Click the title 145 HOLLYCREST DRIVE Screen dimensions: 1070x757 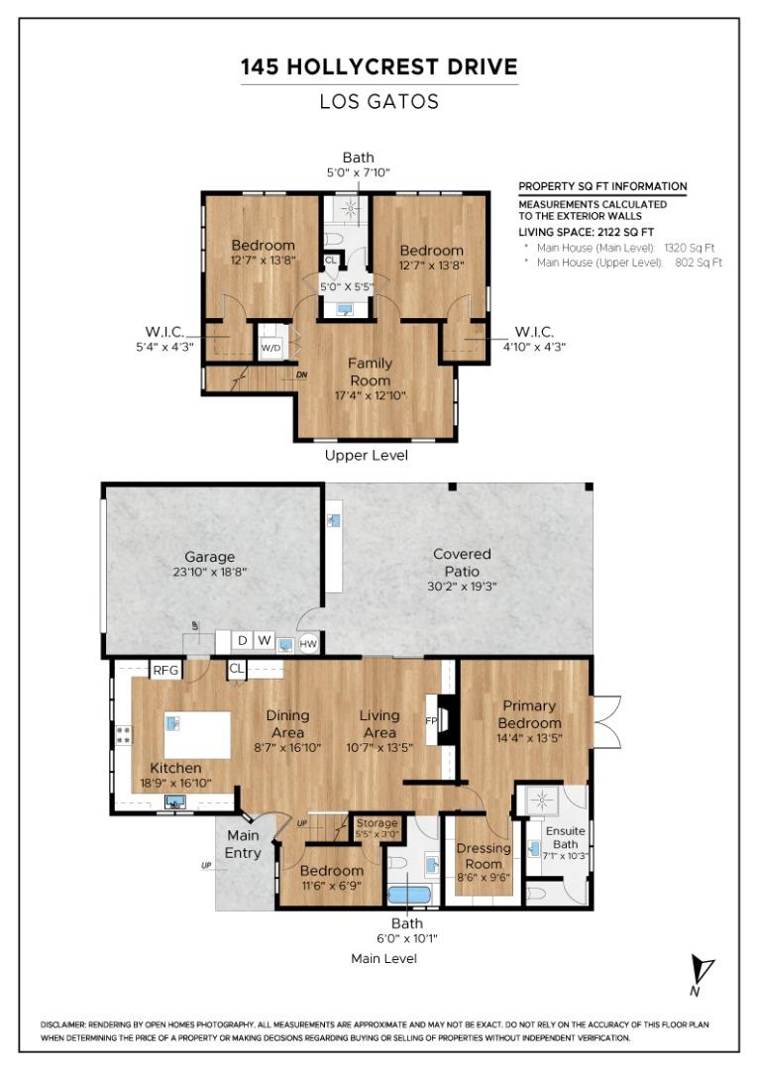378,67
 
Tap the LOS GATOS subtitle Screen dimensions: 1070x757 378,101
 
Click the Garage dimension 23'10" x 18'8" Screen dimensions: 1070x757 209,572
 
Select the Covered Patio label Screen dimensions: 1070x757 462,562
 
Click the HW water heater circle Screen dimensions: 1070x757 309,643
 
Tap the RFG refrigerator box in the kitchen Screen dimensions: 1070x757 164,671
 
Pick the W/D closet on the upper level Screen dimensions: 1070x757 270,349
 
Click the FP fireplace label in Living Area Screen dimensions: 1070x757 431,720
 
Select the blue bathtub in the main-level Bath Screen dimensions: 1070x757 410,895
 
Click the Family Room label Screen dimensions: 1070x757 369,372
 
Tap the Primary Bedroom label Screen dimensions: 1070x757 529,713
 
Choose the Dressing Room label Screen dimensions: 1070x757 484,855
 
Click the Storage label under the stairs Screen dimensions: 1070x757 377,823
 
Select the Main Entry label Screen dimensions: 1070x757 243,844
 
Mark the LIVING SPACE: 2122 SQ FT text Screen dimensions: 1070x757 577,231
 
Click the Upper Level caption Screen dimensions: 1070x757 367,456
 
